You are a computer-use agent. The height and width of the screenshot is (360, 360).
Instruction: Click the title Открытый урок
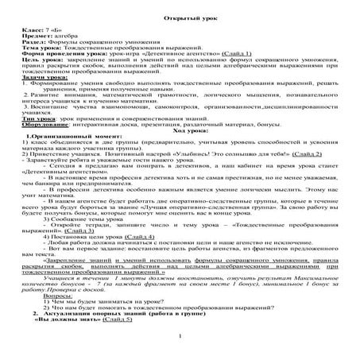point(179,17)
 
